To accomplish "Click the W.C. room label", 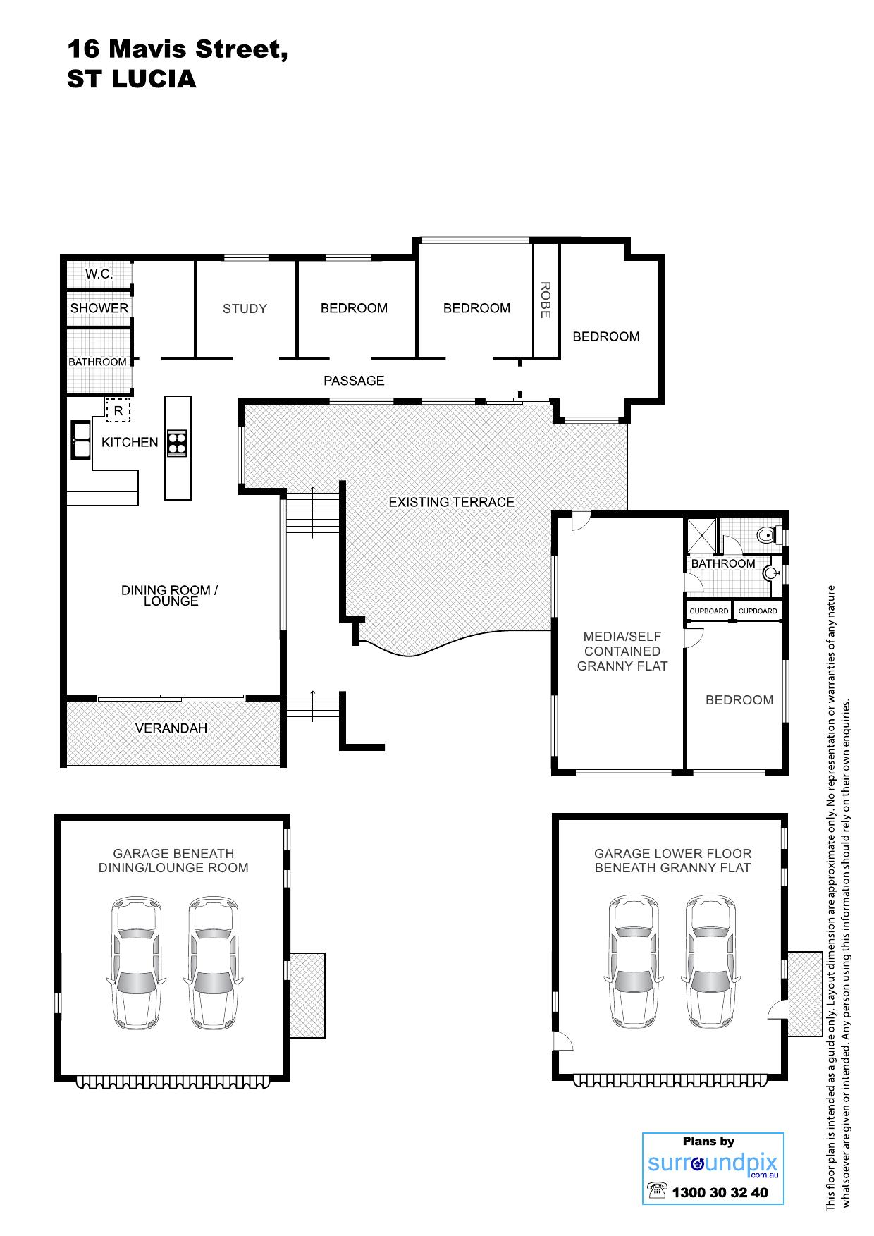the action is point(99,274).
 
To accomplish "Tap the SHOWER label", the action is point(99,308).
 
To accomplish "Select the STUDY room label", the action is point(245,308).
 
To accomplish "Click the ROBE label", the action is point(545,300).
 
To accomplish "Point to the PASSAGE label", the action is point(354,381).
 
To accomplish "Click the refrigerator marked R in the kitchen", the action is point(118,410).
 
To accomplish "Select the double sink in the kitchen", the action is point(80,439).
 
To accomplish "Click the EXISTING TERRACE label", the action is point(452,502).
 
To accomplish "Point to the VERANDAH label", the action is point(171,728).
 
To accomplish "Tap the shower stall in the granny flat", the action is point(702,534).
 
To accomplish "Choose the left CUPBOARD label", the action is point(709,611).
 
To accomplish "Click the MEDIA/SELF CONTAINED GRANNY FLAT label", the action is point(622,651).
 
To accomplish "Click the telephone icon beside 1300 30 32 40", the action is point(656,1192).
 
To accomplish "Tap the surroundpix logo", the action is point(713,1163).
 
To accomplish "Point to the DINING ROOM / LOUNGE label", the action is point(170,595).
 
